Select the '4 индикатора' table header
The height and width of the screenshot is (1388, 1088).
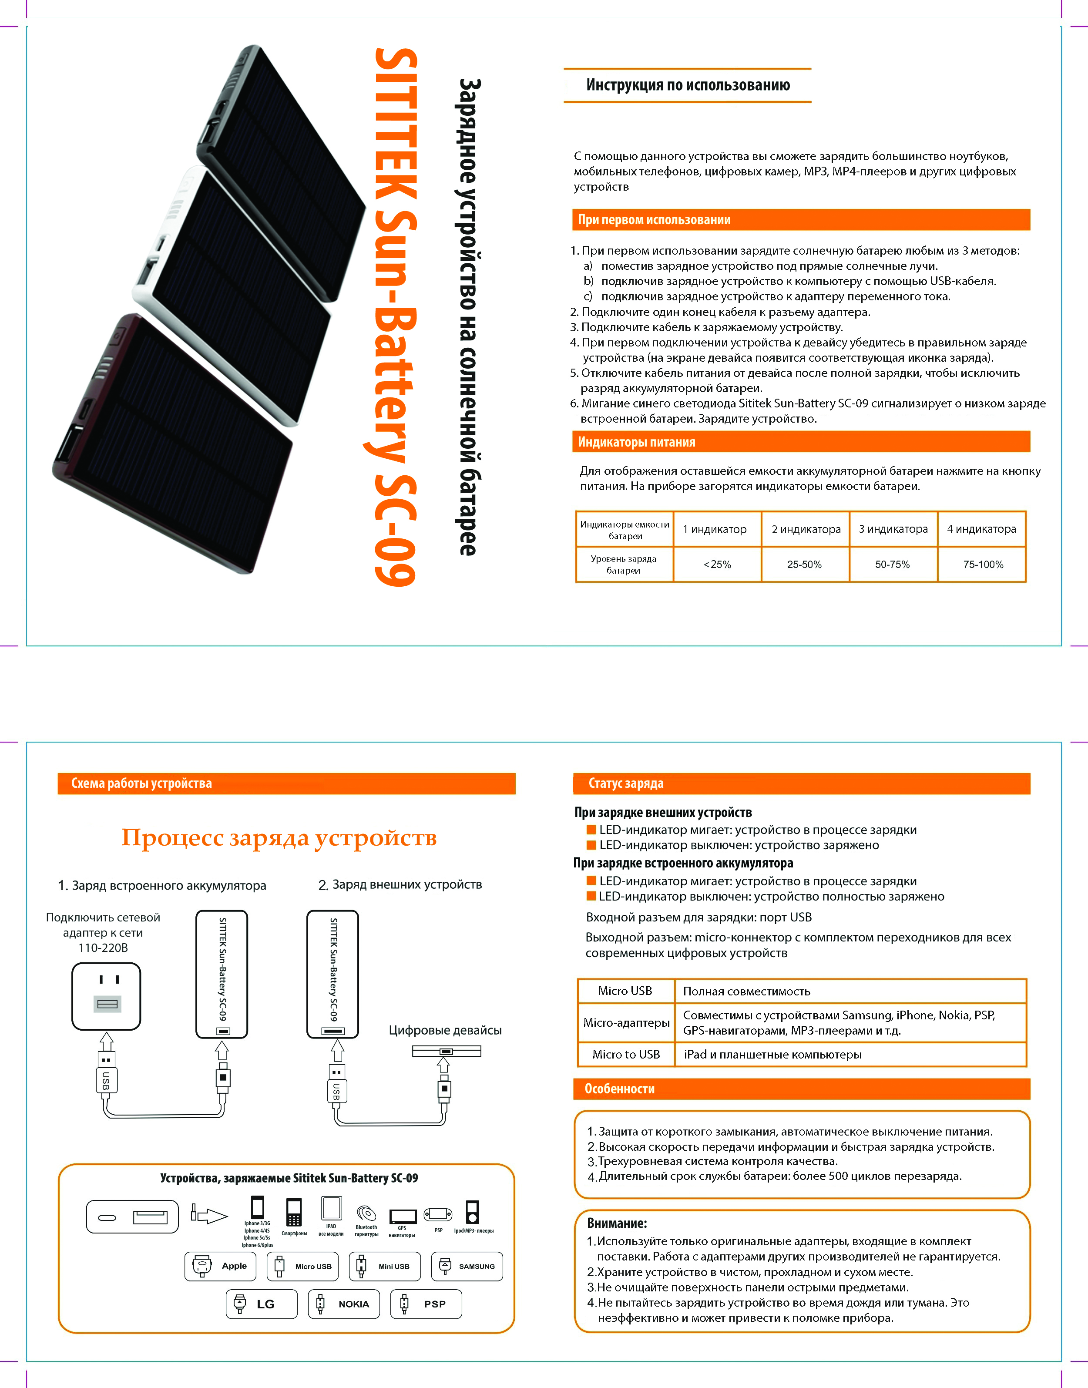coord(981,529)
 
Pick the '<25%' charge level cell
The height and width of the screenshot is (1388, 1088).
coord(717,565)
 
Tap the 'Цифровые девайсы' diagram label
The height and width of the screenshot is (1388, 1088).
coord(445,1030)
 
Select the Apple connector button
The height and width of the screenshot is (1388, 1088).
coord(220,1266)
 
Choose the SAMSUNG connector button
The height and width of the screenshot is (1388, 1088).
coord(467,1266)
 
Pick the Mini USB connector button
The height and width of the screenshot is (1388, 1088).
coord(385,1266)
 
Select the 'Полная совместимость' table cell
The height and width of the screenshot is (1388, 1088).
coord(746,991)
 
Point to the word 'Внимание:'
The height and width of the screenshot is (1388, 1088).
coord(617,1223)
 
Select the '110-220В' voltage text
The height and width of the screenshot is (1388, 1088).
coord(103,948)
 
